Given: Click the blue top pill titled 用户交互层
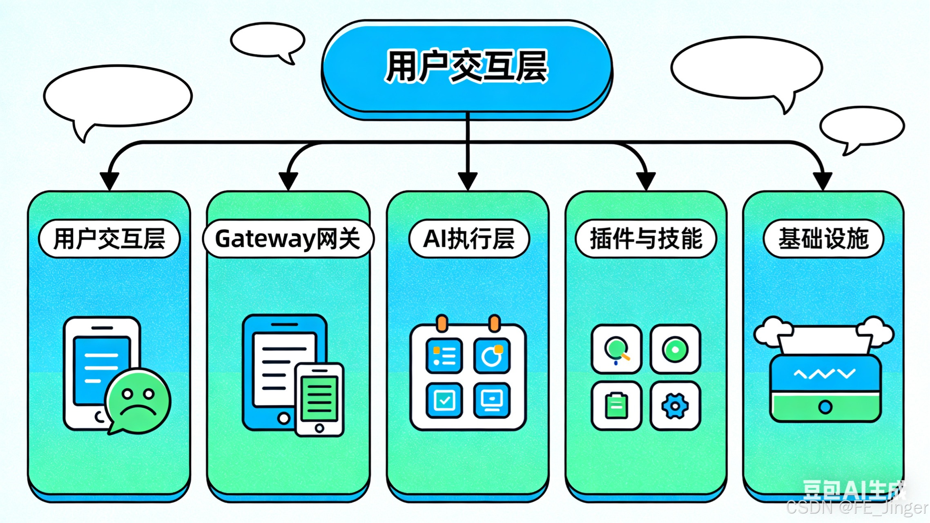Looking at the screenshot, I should click(466, 67).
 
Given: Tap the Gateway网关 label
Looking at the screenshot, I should click(288, 239).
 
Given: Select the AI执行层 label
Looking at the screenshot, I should click(468, 239).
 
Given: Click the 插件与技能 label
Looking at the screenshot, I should click(645, 239).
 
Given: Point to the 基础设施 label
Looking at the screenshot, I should click(823, 239).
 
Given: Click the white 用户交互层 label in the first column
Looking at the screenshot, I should click(109, 239).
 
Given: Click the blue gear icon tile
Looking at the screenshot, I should click(675, 406).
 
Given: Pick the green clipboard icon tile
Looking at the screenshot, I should click(616, 406).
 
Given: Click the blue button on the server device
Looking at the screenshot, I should click(825, 407).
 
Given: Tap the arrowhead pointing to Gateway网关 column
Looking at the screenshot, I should click(288, 180).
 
